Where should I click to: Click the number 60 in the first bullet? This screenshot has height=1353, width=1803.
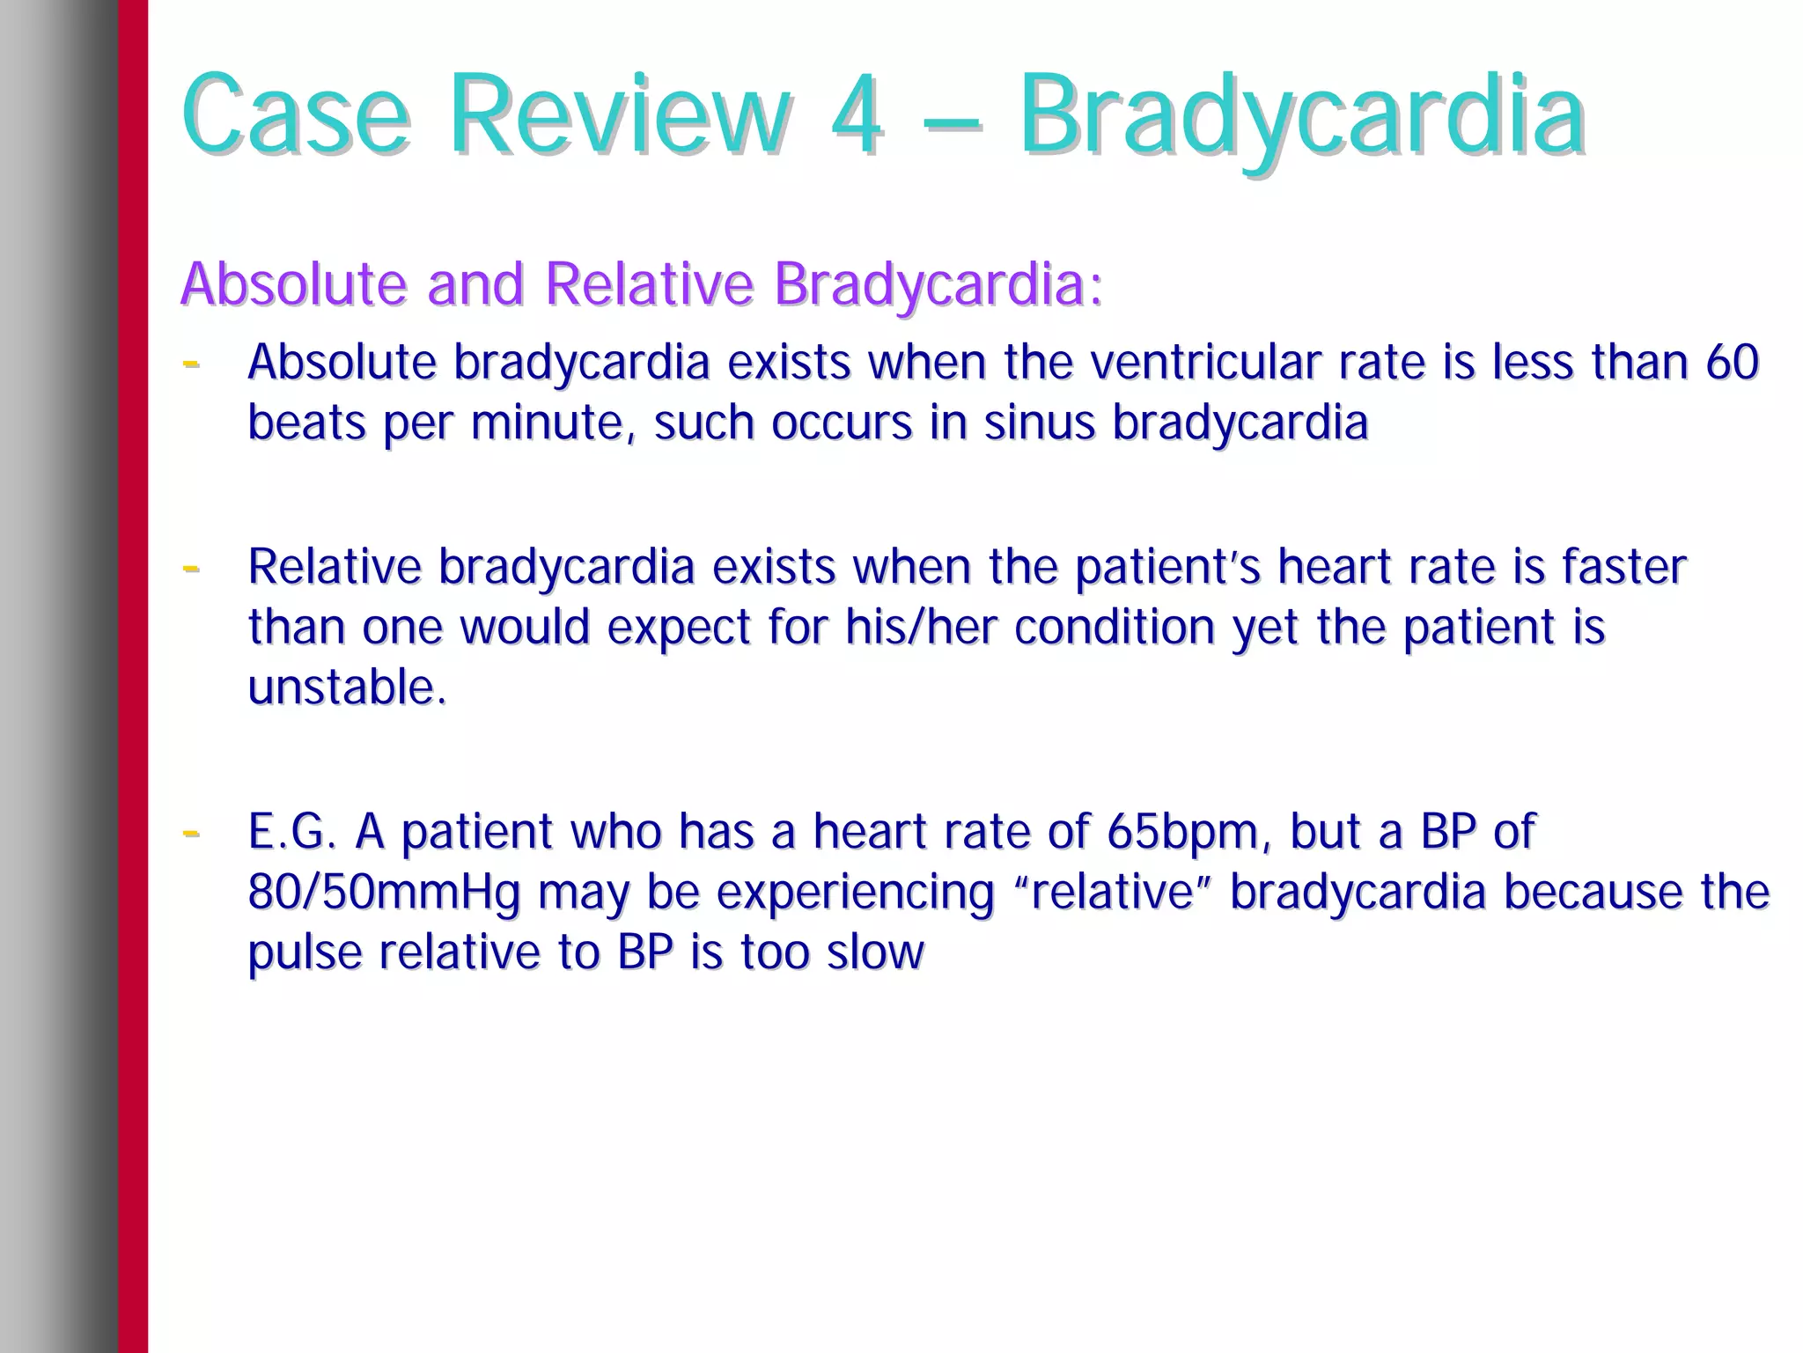(1732, 362)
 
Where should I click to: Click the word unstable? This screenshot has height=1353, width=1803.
(347, 688)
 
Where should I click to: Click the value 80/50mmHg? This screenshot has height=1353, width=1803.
(384, 892)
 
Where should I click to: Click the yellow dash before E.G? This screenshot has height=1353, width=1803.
(190, 832)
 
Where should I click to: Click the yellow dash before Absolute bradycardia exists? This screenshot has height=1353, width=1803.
(190, 363)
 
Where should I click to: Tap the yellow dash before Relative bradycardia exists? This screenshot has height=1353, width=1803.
(190, 568)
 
